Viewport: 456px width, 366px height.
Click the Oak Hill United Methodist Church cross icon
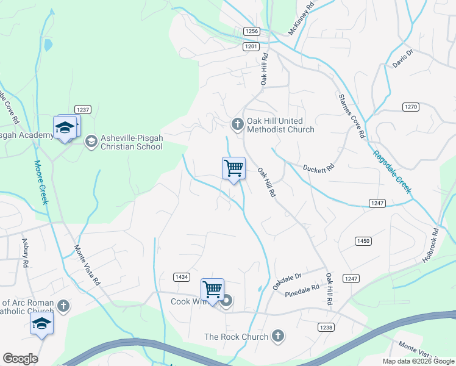[237, 124]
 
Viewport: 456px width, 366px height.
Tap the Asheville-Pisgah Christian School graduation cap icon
[91, 142]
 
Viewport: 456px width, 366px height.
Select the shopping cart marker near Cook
[212, 290]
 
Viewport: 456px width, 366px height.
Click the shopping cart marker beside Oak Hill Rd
[233, 168]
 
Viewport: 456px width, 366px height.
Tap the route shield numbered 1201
[251, 46]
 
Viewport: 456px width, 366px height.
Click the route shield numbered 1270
[411, 107]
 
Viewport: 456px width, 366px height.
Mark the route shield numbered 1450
[363, 241]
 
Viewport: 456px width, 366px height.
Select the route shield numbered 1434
[181, 277]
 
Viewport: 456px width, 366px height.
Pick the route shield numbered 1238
[326, 328]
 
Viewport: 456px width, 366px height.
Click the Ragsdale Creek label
[392, 172]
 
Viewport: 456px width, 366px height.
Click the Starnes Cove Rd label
[351, 115]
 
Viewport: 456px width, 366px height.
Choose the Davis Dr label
[402, 58]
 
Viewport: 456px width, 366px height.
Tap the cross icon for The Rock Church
[277, 335]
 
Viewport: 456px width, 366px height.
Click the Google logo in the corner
[20, 359]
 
